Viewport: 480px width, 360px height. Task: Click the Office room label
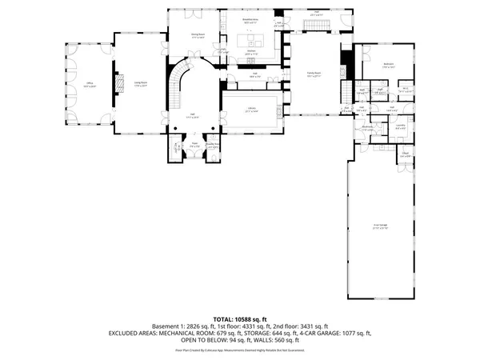(x=90, y=83)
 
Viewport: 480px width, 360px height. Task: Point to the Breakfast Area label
(x=250, y=19)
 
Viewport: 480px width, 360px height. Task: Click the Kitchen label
(x=250, y=51)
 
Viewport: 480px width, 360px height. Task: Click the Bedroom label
(x=387, y=65)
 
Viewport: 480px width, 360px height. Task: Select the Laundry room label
(x=400, y=126)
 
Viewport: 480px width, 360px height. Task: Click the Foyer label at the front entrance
(x=194, y=145)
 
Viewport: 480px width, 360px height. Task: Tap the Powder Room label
(x=213, y=146)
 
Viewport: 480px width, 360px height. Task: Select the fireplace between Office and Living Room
(x=121, y=83)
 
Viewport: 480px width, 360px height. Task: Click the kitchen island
(x=256, y=39)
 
